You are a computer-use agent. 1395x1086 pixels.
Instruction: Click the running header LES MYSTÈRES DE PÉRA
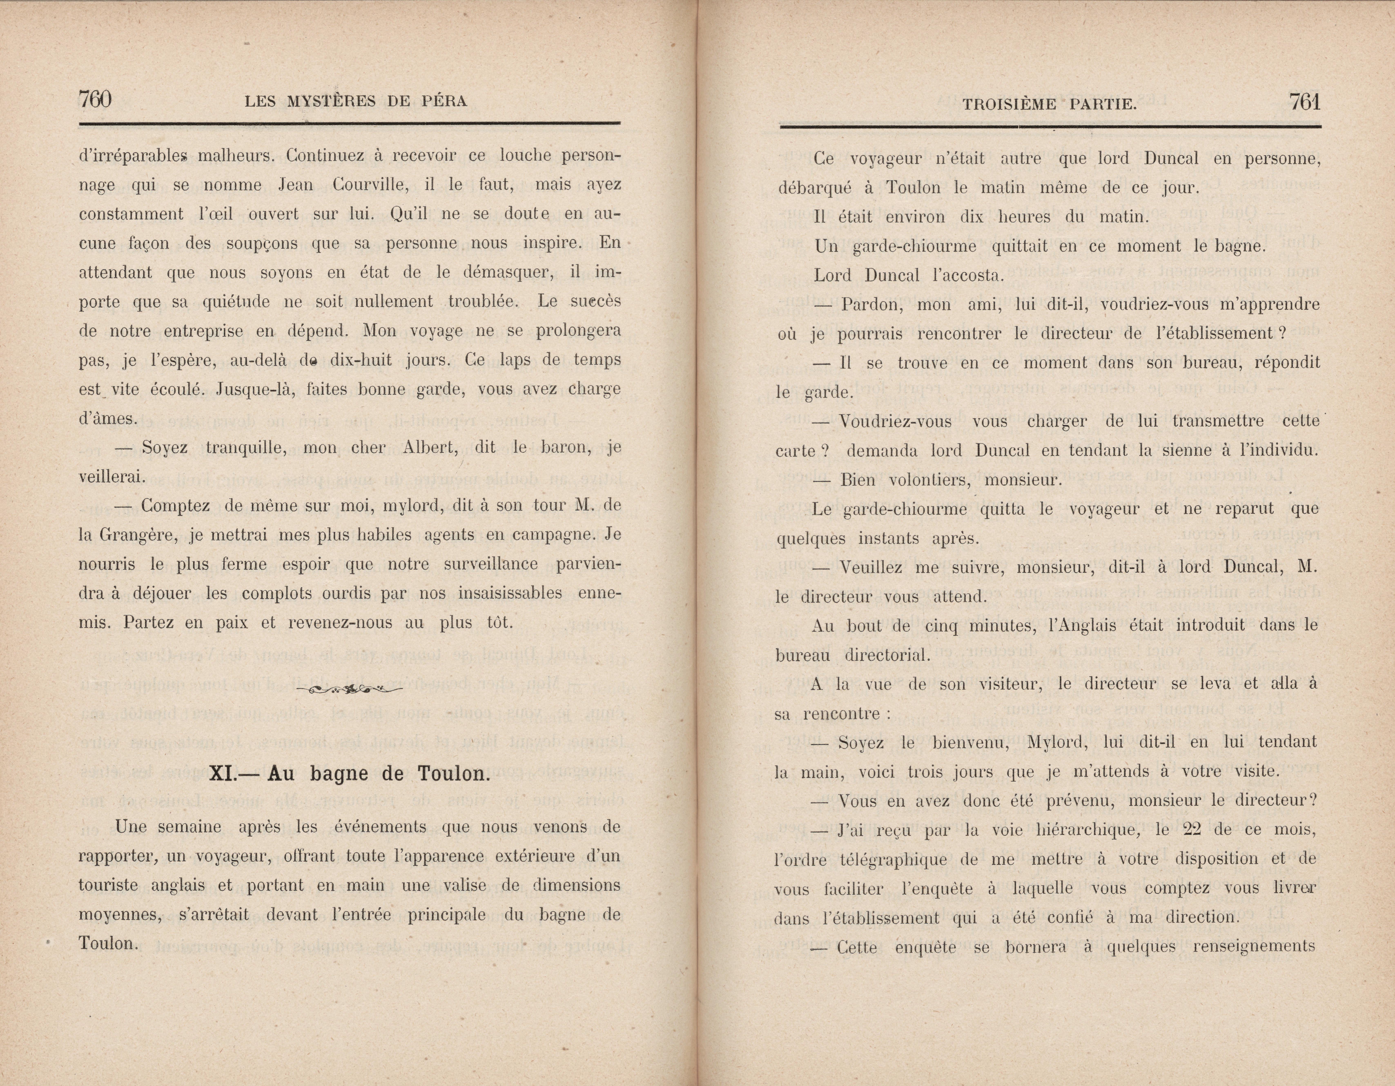click(x=356, y=101)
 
